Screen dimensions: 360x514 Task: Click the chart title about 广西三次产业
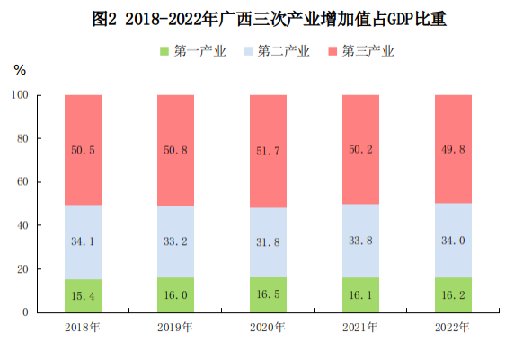[x=257, y=18]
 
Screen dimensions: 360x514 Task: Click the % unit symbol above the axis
[x=19, y=69]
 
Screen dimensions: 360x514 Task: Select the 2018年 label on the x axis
[x=83, y=327]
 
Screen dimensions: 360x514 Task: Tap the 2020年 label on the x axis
[x=268, y=327]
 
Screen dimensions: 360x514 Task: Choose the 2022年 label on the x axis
[x=452, y=327]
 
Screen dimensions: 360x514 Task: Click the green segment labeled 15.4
[x=83, y=296]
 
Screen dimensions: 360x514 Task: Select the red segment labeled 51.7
[x=268, y=151]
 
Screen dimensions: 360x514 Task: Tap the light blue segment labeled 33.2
[x=175, y=241]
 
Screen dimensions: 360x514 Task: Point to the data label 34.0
[x=452, y=240]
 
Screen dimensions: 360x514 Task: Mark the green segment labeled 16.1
[x=360, y=295]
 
